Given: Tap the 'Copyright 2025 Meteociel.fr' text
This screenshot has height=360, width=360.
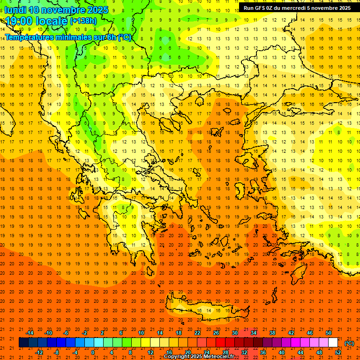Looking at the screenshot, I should point(199,356).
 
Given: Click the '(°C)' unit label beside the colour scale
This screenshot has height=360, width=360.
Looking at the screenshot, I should point(349,343).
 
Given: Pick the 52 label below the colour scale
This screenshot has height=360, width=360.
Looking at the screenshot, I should point(338,352).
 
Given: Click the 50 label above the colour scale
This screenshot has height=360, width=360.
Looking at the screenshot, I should point(329,333).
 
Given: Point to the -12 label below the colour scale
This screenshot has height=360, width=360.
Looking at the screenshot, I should point(39,352).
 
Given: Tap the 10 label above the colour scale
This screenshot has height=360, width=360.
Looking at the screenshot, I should point(141,333).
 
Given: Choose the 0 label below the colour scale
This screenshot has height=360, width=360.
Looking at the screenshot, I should point(92,352).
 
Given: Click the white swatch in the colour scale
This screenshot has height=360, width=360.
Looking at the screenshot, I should point(333,343).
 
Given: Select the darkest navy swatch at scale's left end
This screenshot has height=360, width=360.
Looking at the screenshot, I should point(23,343).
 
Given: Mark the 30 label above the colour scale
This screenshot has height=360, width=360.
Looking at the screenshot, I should point(235,333).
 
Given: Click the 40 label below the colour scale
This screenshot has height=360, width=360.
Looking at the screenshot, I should point(282,352).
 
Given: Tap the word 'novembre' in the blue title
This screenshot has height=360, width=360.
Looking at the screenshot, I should point(61,10).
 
